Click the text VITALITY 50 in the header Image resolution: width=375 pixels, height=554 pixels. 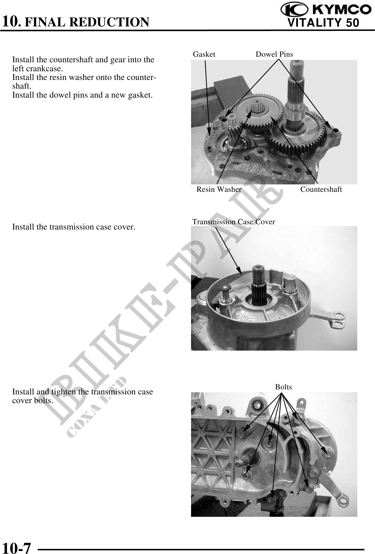coord(323,23)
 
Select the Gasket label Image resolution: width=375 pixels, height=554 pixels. coord(204,54)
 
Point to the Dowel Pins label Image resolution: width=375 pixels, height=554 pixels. coord(274,54)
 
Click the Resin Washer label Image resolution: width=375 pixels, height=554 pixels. coord(219,189)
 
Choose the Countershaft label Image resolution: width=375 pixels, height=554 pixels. coord(321,189)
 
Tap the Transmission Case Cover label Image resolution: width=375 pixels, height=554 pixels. coord(234,222)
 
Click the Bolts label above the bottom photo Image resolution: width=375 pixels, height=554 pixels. coord(284,387)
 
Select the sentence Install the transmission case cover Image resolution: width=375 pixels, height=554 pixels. coord(74,227)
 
